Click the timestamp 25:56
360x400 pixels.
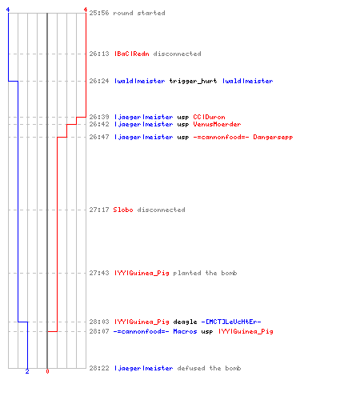[x=99, y=13]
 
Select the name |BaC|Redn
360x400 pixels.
[x=132, y=54]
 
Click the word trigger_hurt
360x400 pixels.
[x=193, y=81]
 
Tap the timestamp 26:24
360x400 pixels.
[x=99, y=81]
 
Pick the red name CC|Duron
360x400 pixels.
[x=209, y=117]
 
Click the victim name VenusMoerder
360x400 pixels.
[x=217, y=124]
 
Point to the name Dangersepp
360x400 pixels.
[x=273, y=137]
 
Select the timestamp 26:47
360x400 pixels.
[x=99, y=137]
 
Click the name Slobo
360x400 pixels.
[x=123, y=210]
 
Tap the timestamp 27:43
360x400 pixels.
[x=99, y=273]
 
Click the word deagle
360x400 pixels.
[x=185, y=322]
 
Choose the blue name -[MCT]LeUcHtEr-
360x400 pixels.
[x=231, y=322]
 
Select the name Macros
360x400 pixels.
[x=185, y=331]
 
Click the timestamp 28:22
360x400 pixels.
[x=99, y=368]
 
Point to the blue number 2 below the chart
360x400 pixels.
[x=27, y=371]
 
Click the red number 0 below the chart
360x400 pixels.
[x=47, y=371]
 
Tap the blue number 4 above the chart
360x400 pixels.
[x=8, y=10]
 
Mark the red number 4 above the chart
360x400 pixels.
[x=86, y=10]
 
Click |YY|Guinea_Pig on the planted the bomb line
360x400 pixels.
[x=142, y=273]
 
